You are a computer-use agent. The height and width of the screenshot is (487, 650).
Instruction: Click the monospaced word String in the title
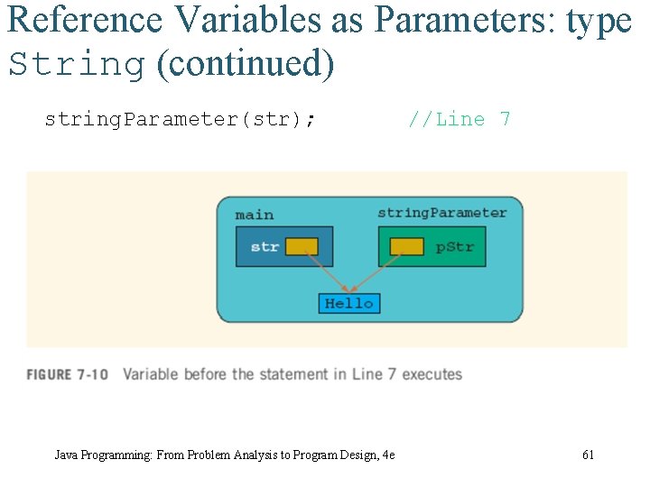pos(76,65)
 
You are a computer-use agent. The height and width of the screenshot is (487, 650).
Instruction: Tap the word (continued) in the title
pos(245,65)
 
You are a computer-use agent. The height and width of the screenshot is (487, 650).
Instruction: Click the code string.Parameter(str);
pos(181,120)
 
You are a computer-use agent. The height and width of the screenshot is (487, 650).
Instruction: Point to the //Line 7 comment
pos(460,120)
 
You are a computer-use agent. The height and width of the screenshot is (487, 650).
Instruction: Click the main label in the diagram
pos(255,215)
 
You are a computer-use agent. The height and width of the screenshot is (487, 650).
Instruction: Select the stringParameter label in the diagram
pos(442,213)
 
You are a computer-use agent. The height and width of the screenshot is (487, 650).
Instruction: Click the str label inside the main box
pos(265,246)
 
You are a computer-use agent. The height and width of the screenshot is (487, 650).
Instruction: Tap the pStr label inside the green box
pos(455,246)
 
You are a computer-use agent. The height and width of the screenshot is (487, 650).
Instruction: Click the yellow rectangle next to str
pos(302,246)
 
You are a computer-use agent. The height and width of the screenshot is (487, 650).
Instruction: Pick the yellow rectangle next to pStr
pos(407,246)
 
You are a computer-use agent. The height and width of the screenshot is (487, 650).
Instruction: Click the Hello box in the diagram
pos(349,304)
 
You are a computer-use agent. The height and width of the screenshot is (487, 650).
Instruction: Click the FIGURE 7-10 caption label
pos(68,374)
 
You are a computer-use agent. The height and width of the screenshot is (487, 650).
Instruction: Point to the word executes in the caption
pos(432,374)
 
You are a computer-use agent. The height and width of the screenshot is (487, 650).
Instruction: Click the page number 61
pos(588,455)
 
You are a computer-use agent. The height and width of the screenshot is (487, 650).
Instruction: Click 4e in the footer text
pos(388,455)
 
